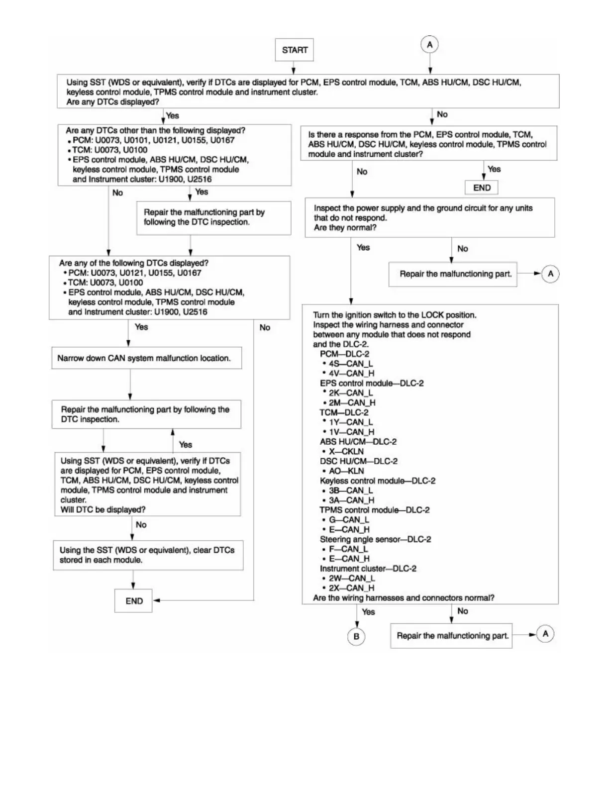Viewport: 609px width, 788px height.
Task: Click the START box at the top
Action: [295, 50]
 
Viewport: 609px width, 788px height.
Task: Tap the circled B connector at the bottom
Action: [356, 636]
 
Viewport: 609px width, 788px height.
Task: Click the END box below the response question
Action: [482, 188]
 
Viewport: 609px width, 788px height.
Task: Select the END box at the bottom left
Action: [133, 601]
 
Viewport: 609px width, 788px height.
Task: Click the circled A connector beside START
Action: [430, 45]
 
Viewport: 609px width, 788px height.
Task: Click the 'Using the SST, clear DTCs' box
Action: [148, 555]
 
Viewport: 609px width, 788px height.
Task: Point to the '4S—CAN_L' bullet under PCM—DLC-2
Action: [350, 364]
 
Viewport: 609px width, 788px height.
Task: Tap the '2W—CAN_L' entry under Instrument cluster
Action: [351, 578]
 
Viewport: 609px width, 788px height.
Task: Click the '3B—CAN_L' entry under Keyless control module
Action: [350, 491]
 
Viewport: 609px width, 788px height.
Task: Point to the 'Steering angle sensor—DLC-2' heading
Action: [375, 539]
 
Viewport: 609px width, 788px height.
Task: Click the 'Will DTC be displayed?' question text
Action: [103, 509]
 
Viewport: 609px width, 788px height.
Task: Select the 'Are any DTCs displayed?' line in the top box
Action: [113, 102]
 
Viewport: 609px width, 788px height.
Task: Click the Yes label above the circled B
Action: [368, 612]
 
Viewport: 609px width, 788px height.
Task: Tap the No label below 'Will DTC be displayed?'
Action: [141, 525]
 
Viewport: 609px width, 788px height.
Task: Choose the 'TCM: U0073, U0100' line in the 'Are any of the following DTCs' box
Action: [105, 283]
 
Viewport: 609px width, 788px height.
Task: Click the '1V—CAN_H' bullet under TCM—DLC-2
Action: [351, 432]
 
